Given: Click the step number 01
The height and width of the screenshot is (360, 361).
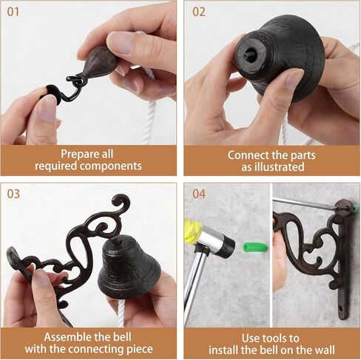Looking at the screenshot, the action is point(13,12).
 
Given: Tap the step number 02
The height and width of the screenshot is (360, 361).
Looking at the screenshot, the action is point(199,12).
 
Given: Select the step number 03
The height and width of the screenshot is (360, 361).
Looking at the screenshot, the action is point(13,194).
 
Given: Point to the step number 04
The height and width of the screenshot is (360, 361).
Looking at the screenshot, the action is point(199,194).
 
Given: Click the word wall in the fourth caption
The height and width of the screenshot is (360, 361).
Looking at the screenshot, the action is point(324,350).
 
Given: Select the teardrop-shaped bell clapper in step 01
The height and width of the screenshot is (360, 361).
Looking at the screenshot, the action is point(100,61).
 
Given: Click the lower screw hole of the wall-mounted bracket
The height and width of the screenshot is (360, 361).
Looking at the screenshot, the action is point(342,308).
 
